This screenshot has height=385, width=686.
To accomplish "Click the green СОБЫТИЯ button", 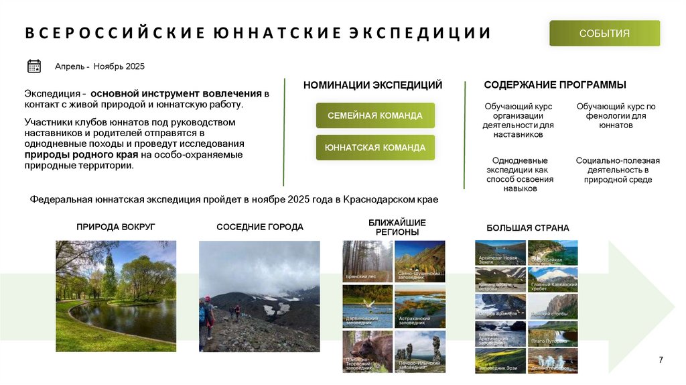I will tap(604, 34).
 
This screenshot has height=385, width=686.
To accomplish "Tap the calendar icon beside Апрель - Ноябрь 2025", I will tap(34, 66).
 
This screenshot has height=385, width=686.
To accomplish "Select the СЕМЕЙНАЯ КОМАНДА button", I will tap(375, 115).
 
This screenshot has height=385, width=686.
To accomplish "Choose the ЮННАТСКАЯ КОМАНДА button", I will tap(375, 148).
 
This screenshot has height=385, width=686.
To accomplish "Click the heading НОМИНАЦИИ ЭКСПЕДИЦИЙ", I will tap(372, 85).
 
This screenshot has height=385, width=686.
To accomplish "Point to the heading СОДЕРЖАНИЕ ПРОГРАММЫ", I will tap(555, 85).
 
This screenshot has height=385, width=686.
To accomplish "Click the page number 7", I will tap(661, 360).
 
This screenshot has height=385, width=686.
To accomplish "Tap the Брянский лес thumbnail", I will tap(367, 261).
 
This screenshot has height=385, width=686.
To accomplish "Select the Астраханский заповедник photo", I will tap(420, 307).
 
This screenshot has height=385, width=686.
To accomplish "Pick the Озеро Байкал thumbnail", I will tap(553, 253).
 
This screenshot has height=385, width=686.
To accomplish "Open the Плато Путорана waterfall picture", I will tap(553, 334).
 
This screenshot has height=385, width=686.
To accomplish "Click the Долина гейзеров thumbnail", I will tap(553, 361).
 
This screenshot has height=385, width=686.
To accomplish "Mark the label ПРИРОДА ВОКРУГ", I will tap(116, 227).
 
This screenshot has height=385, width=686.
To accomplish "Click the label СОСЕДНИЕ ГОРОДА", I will tap(260, 227).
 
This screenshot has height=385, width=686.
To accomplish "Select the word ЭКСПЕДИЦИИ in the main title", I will tap(420, 33).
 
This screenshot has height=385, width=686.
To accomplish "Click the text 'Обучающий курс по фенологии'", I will tap(616, 111).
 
